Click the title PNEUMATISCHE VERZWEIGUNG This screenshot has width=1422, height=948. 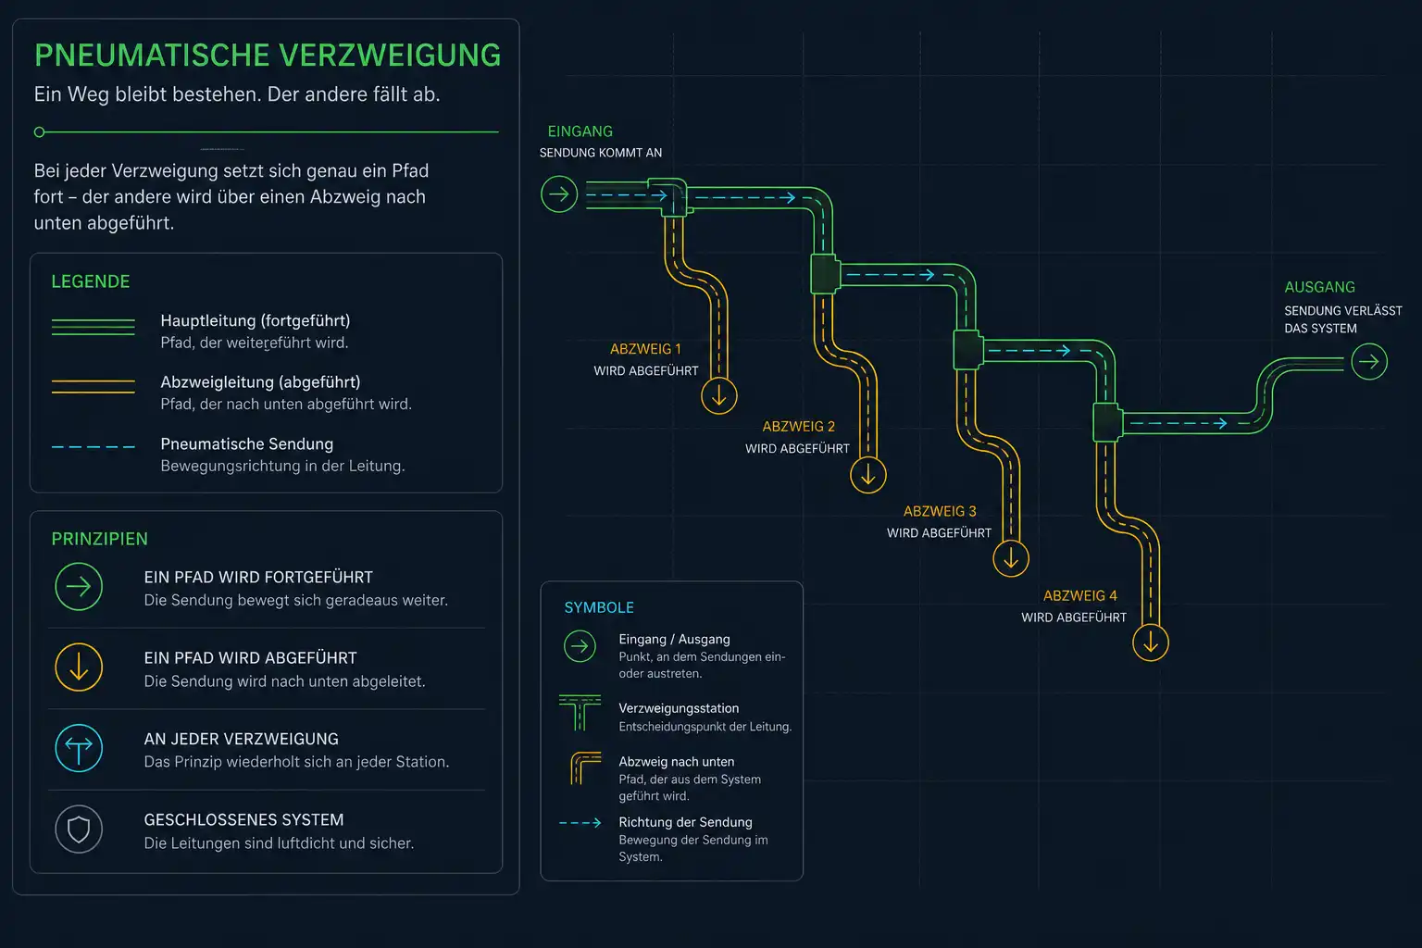[x=268, y=56]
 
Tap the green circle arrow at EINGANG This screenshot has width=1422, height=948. [x=559, y=194]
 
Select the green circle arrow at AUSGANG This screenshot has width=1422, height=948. [x=1369, y=362]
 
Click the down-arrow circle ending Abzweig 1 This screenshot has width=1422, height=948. [x=719, y=396]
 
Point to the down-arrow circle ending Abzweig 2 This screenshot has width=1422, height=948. [x=868, y=476]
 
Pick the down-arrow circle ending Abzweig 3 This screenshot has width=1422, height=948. [x=1011, y=559]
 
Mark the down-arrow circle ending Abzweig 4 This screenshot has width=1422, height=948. [x=1151, y=643]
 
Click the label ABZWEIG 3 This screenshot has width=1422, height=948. [x=941, y=511]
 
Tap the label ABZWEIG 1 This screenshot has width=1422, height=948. [x=645, y=349]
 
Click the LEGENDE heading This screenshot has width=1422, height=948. [x=91, y=282]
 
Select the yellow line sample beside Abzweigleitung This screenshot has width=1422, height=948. [x=94, y=386]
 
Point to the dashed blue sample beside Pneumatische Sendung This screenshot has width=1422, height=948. [x=94, y=447]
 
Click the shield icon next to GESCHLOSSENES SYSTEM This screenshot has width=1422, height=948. [x=79, y=829]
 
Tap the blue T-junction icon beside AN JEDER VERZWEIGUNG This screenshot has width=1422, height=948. [x=79, y=749]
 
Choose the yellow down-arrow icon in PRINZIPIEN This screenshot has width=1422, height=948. [x=79, y=667]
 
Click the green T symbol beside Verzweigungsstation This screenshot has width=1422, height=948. [x=580, y=713]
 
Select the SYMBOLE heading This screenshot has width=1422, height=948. [x=599, y=607]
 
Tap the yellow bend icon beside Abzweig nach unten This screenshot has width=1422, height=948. [x=585, y=768]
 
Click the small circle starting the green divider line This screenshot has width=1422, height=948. [x=40, y=132]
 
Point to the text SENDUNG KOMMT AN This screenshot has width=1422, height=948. [x=601, y=153]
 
